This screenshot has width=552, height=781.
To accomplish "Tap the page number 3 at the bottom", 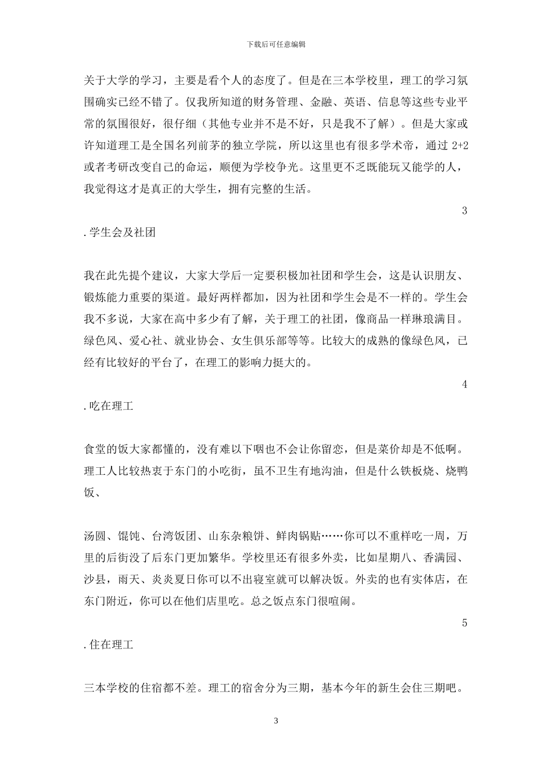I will pyautogui.click(x=276, y=721).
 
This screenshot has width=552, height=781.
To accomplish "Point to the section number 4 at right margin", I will pyautogui.click(x=464, y=384).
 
